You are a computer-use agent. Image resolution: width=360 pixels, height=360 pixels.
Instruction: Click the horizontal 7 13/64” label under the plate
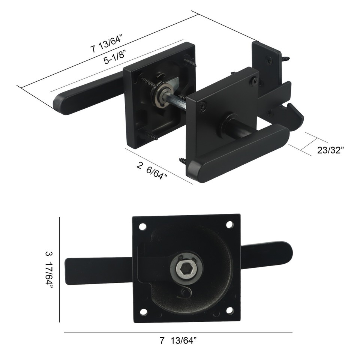pyautogui.click(x=178, y=341)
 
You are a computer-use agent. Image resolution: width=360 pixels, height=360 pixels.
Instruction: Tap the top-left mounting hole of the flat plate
pyautogui.click(x=142, y=226)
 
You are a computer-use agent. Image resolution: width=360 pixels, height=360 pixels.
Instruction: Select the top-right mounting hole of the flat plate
pyautogui.click(x=229, y=224)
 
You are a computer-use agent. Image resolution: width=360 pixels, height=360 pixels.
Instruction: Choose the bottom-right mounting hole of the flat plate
pyautogui.click(x=230, y=310)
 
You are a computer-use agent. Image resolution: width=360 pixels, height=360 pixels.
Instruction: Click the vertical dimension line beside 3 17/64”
pyautogui.click(x=60, y=270)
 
